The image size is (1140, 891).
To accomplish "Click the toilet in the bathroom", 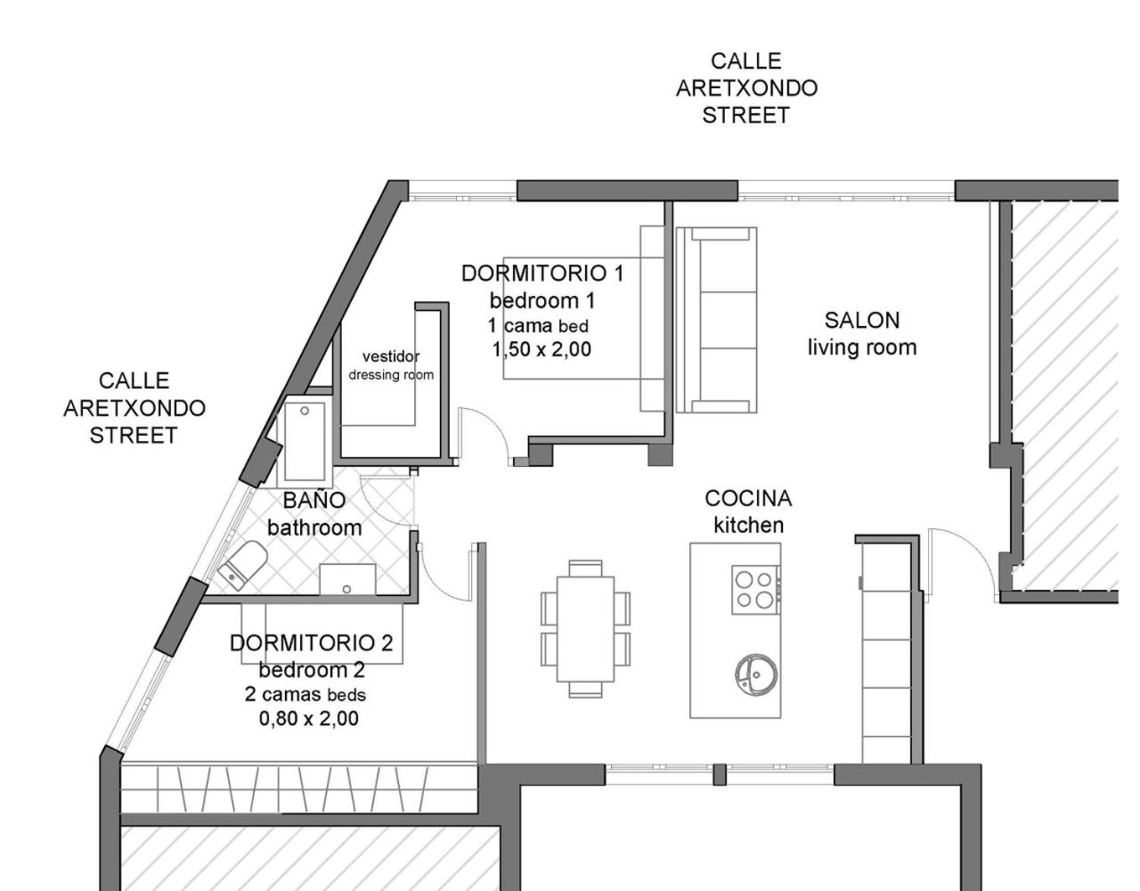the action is point(243,565).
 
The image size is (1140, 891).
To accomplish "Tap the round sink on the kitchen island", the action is point(756,674).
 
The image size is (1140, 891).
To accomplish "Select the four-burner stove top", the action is point(755,590).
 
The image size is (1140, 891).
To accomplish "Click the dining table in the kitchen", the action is point(585,629).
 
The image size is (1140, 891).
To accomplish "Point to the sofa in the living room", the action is point(717,320).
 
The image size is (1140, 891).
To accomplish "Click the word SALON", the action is point(862,320).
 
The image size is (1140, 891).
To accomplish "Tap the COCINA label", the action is point(748,498).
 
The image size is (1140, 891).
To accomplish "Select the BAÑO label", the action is point(314,499).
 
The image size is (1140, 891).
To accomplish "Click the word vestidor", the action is point(391,356).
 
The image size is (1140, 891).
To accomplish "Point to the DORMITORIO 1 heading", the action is point(542,274).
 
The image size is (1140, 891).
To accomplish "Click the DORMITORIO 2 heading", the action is point(312,642).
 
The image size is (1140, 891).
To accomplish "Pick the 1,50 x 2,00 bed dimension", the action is point(541,349).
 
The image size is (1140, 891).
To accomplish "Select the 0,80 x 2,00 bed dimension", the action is point(309,718).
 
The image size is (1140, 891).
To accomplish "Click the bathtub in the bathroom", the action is point(305,441).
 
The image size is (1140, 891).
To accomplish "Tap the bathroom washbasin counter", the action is point(348,580).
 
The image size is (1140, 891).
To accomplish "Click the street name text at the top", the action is point(746,88).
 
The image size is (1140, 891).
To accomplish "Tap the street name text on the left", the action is point(134,408).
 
